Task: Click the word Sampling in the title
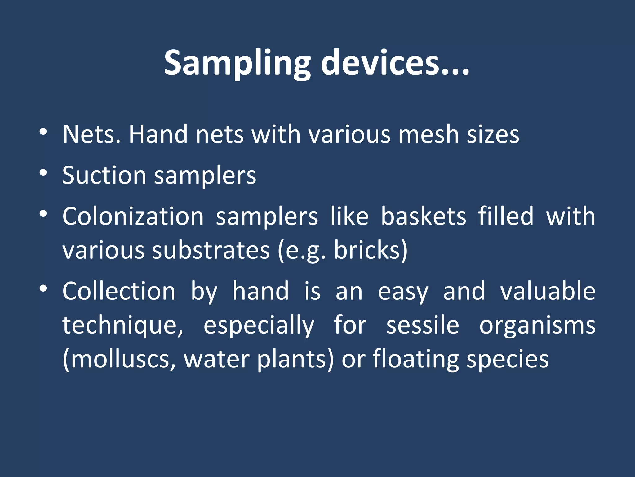[x=237, y=64]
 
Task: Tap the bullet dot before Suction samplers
[x=43, y=173]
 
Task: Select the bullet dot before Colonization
[x=43, y=214]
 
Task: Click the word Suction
[x=104, y=175]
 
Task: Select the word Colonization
[x=133, y=216]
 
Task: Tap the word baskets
[x=423, y=216]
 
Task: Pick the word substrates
[x=211, y=250]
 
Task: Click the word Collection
[x=119, y=291]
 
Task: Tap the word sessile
[x=422, y=325]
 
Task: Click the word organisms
[x=537, y=325]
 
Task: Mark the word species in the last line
[x=508, y=359]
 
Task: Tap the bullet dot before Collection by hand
[x=43, y=288]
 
